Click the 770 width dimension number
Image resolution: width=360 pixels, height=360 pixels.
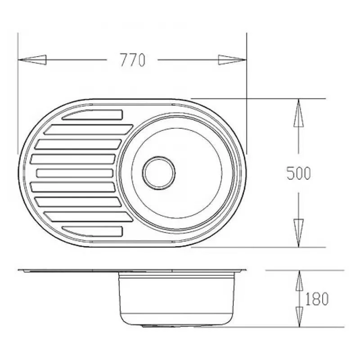(133, 60)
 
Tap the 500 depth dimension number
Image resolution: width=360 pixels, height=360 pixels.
(298, 173)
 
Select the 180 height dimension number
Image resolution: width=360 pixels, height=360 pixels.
(317, 299)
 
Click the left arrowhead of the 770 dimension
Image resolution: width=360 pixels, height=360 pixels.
(32, 60)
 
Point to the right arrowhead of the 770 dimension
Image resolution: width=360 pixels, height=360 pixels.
(232, 60)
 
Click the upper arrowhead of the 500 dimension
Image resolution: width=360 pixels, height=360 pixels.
(298, 113)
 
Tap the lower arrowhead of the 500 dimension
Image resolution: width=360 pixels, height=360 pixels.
(298, 233)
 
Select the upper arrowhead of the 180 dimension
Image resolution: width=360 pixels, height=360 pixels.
(299, 280)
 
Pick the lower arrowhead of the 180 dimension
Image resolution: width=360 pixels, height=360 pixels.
(299, 317)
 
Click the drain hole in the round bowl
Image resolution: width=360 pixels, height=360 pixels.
(159, 173)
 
